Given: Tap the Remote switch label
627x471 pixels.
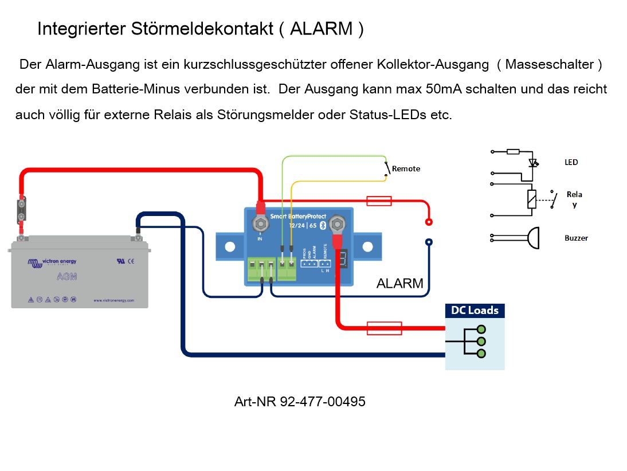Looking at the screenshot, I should (x=406, y=168).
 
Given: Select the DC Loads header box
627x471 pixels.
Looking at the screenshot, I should (x=475, y=311).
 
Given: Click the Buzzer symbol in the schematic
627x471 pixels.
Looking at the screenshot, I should (x=532, y=238).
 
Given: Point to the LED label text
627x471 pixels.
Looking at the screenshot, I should (x=571, y=163).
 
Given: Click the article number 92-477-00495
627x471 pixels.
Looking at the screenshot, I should (x=323, y=402).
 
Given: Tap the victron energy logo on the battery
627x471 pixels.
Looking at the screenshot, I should (x=52, y=262).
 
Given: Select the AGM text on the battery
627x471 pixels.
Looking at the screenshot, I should (x=67, y=277).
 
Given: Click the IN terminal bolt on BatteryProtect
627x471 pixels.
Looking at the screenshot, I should (x=260, y=222).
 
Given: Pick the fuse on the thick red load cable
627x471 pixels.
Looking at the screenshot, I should (x=383, y=328).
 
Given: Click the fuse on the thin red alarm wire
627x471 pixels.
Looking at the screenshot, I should (x=379, y=201).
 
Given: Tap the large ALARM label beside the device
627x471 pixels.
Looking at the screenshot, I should (x=399, y=283).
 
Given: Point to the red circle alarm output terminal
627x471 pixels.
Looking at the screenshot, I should (x=428, y=222).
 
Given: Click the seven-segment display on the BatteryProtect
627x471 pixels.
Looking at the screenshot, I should (x=344, y=259).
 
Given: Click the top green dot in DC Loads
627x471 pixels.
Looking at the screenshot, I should (x=481, y=329).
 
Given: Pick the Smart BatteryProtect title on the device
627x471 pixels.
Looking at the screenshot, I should (x=297, y=217).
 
